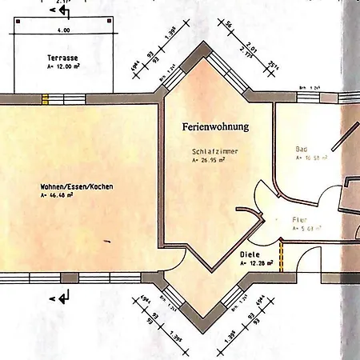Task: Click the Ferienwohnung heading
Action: point(216,126)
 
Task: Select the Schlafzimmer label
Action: point(216,151)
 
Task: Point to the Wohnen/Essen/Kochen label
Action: point(77,186)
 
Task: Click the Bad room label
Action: point(302,150)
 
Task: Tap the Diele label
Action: point(250,255)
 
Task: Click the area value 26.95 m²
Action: point(209,161)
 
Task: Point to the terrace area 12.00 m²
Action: point(64,69)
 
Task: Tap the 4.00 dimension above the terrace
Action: point(64,30)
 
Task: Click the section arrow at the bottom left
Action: point(63,298)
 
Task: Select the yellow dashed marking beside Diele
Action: point(282,255)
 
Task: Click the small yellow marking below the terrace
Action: point(45,99)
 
